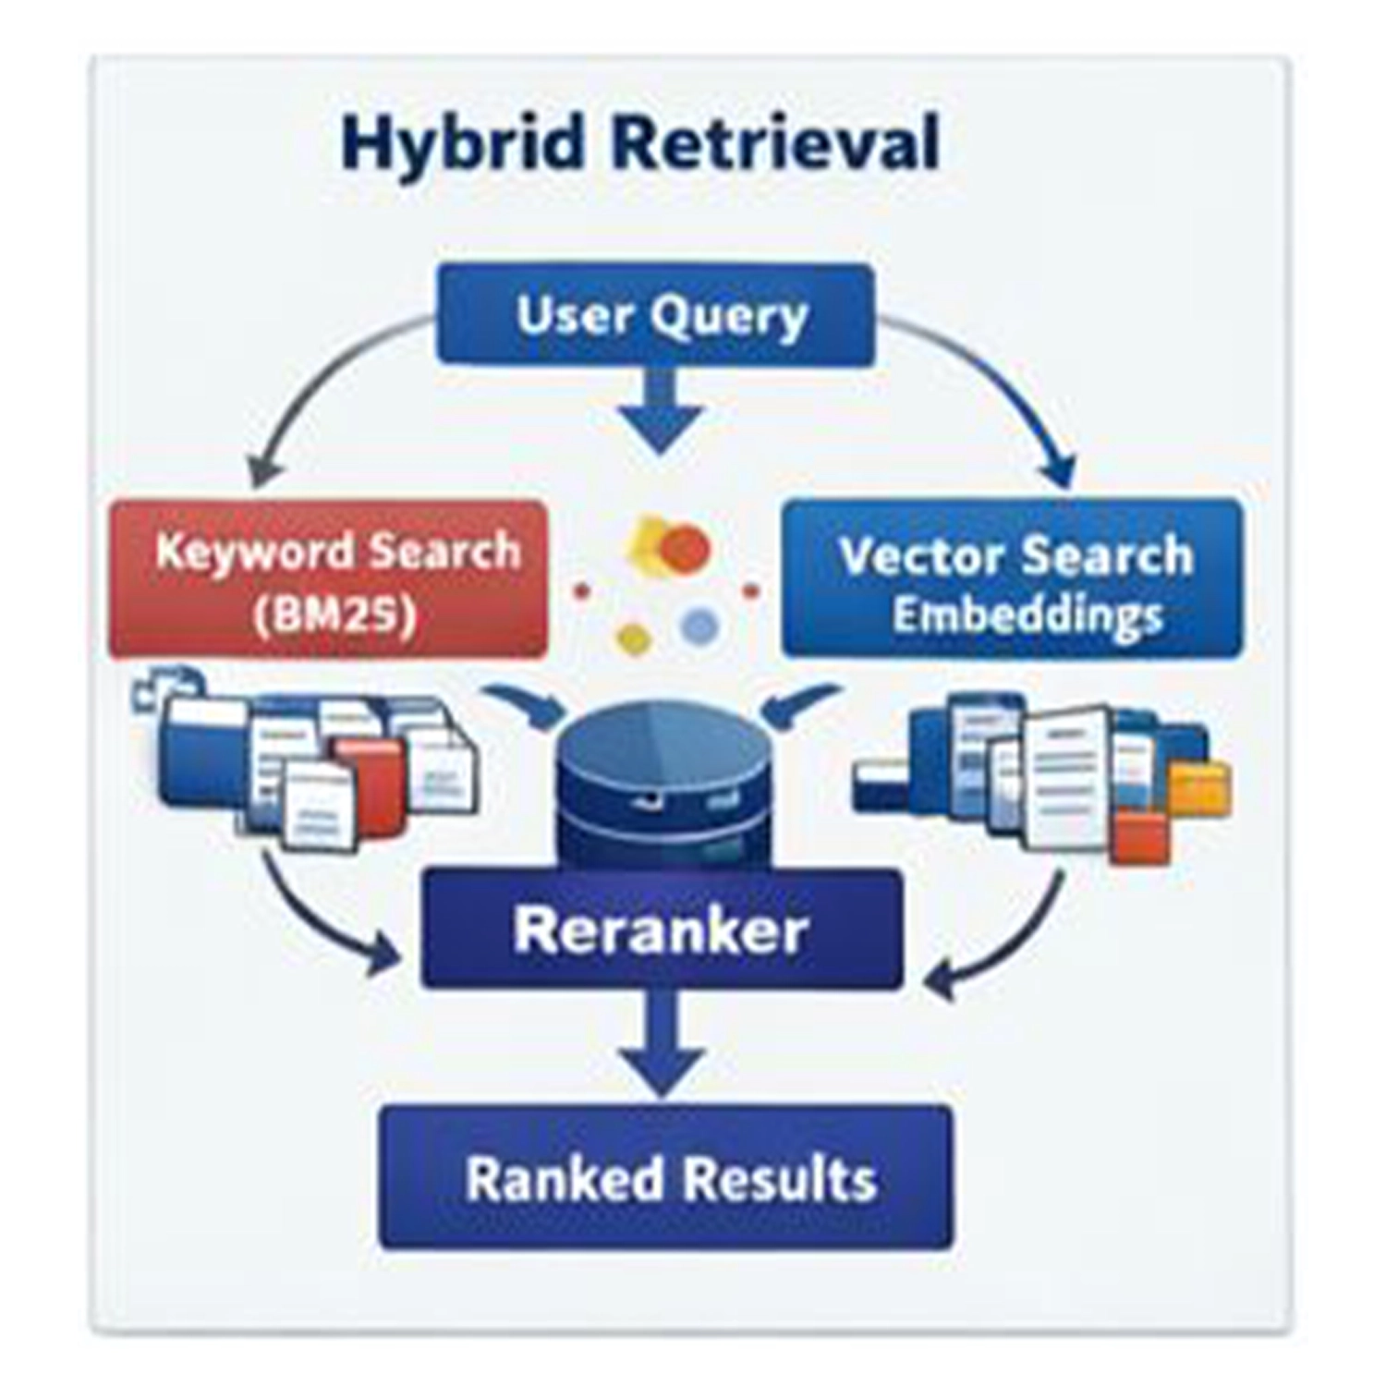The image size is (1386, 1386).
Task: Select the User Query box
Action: (655, 315)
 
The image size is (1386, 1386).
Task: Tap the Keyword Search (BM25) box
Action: (328, 579)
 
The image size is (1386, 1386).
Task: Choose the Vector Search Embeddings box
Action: (1013, 579)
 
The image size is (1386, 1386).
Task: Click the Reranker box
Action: (661, 930)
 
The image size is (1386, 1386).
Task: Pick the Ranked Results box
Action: (665, 1178)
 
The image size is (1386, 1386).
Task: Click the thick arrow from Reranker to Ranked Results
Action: (662, 1044)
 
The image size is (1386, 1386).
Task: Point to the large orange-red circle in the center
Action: (686, 548)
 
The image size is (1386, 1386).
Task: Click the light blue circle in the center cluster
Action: (699, 626)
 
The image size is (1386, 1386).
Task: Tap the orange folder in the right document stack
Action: (1199, 788)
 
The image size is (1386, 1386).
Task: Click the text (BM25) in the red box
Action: (334, 612)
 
